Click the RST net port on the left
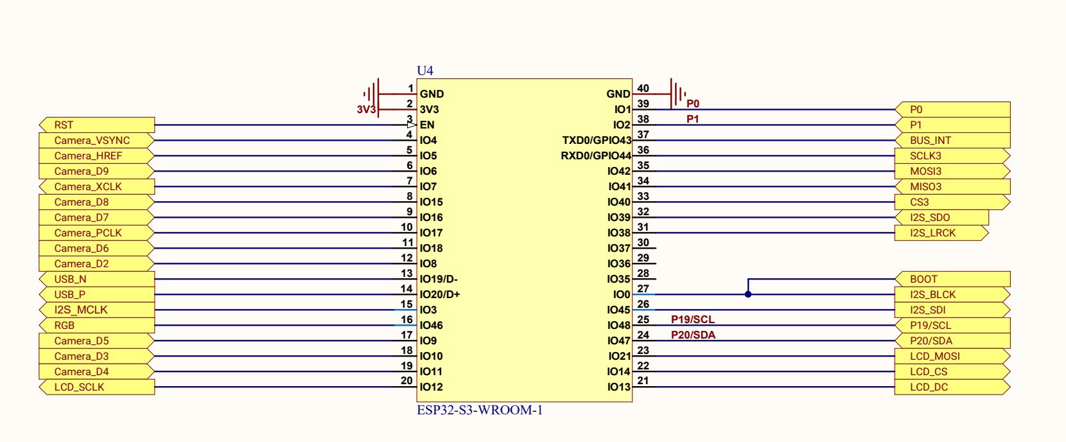point(96,125)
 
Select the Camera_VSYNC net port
point(96,140)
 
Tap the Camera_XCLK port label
point(96,186)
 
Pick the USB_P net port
point(96,294)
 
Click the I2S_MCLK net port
point(96,310)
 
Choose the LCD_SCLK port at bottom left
point(96,387)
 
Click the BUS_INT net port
point(952,140)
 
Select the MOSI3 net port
point(952,171)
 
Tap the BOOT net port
point(952,279)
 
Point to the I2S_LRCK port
point(941,233)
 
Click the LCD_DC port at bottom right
point(952,387)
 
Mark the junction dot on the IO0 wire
point(748,294)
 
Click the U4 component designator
point(425,71)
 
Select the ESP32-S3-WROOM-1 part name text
point(480,410)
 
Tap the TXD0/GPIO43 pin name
point(597,140)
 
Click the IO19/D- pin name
point(439,279)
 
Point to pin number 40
point(643,89)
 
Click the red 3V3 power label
point(366,110)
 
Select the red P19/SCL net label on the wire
point(692,319)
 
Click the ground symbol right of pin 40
point(677,94)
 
